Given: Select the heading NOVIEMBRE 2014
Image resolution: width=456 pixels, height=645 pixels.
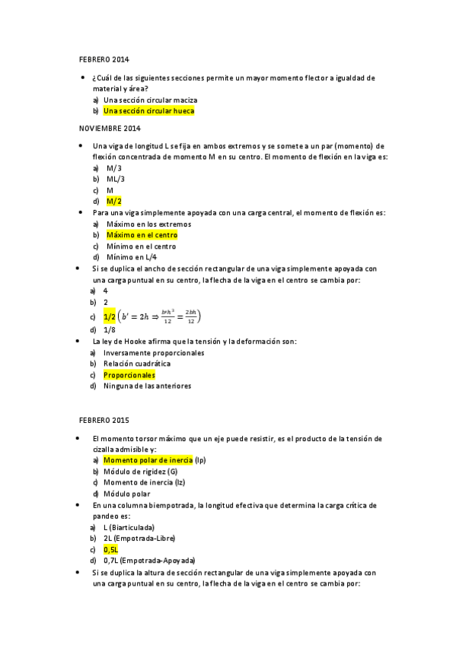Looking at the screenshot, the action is [110, 129].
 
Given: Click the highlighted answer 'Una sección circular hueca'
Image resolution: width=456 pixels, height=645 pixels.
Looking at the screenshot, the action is [148, 110].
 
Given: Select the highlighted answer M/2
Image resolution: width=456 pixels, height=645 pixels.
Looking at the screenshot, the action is [113, 202].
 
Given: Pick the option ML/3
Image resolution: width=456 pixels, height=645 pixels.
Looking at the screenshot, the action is [116, 179].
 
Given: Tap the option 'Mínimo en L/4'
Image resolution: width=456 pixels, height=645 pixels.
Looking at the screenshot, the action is [130, 258].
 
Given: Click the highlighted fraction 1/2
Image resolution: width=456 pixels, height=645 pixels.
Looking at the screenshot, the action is [110, 316].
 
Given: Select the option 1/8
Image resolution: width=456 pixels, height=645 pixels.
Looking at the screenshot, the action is [110, 330].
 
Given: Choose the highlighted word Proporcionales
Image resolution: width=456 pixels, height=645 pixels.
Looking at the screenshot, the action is [129, 375].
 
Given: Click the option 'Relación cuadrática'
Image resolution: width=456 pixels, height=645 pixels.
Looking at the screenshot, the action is [137, 364].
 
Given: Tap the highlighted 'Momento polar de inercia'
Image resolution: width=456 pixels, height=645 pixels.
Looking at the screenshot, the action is [148, 460].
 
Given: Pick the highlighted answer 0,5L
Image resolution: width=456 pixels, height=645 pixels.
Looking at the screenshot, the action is [111, 549].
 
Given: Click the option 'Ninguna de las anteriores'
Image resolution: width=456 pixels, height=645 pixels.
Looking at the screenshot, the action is [147, 386].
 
